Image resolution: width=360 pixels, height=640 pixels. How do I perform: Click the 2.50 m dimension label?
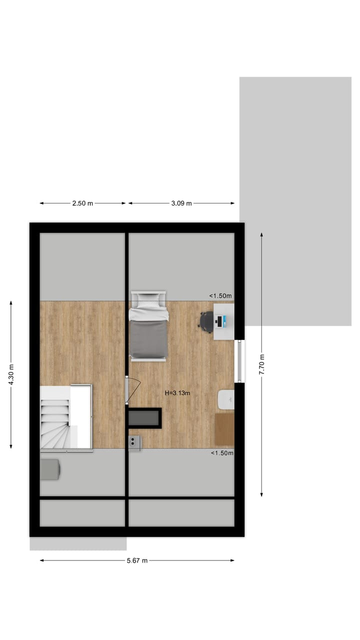[x=82, y=203]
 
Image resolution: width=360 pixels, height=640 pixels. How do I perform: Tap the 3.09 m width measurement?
[x=182, y=203]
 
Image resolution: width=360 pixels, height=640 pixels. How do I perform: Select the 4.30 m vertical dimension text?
[x=11, y=374]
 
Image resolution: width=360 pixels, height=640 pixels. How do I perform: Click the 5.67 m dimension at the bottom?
[x=137, y=560]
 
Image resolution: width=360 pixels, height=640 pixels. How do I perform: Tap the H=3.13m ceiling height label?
[x=177, y=393]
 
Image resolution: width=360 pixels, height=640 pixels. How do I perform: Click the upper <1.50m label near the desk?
[x=220, y=296]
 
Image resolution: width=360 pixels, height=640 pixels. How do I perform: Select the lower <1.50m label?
[x=221, y=453]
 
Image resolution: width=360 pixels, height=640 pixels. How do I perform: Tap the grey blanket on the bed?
[x=148, y=338]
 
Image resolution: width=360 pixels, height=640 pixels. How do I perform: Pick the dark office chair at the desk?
[x=206, y=320]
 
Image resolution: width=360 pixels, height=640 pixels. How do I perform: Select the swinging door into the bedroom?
[x=133, y=389]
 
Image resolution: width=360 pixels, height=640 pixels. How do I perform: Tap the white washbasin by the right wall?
[x=226, y=399]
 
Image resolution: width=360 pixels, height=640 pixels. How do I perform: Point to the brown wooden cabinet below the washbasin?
[x=224, y=428]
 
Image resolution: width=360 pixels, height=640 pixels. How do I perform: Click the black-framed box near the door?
[x=144, y=418]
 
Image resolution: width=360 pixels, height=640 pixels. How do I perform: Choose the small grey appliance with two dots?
[x=134, y=442]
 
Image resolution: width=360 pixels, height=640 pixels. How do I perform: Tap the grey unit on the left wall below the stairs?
[x=49, y=469]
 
